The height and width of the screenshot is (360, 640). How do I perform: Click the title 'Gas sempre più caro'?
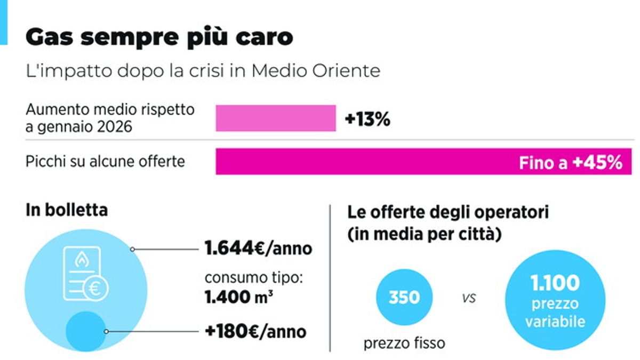(159, 37)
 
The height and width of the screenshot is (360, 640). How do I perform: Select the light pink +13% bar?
(275, 118)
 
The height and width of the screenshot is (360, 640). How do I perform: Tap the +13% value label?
(367, 119)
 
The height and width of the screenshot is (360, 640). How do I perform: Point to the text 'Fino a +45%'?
(570, 162)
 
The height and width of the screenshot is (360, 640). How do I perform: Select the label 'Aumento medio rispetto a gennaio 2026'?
(110, 118)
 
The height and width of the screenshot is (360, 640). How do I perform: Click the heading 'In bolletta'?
(67, 210)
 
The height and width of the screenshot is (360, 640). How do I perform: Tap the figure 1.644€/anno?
(258, 249)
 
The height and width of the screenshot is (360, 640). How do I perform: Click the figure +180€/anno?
(255, 331)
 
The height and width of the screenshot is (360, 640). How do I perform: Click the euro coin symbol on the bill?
(96, 289)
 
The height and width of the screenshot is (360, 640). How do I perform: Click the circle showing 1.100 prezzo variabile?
(555, 300)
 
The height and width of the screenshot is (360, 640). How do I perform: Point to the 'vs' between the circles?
(469, 298)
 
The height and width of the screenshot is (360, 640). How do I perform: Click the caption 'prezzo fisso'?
(404, 342)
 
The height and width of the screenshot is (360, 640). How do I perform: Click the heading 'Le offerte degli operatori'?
(448, 212)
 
